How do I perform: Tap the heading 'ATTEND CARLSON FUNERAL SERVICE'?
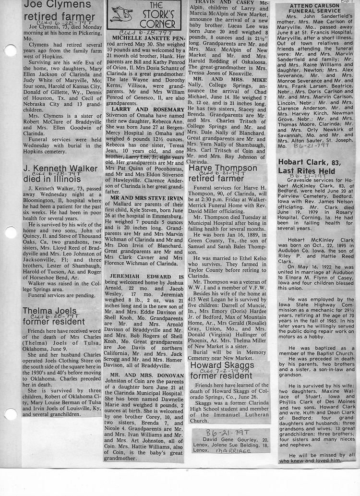point(314,11)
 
